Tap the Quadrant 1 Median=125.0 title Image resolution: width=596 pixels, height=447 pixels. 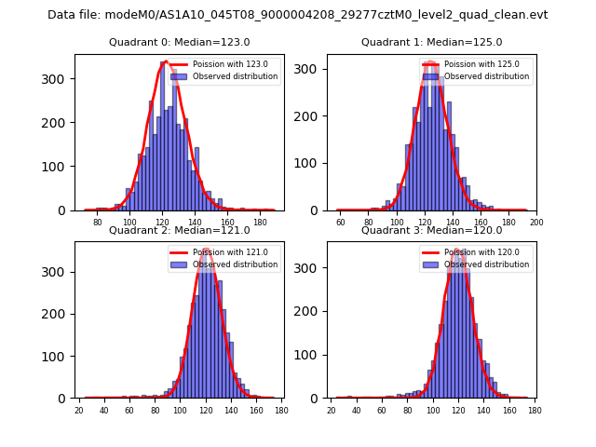[431, 42]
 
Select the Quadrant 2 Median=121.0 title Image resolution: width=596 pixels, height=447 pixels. [180, 230]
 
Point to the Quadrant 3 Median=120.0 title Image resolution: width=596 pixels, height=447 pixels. [431, 230]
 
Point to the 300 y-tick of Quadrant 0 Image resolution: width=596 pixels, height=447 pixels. [57, 79]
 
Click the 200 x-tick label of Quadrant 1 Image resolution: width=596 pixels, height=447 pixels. [536, 223]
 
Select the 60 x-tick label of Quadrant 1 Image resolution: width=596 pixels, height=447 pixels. [341, 223]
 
